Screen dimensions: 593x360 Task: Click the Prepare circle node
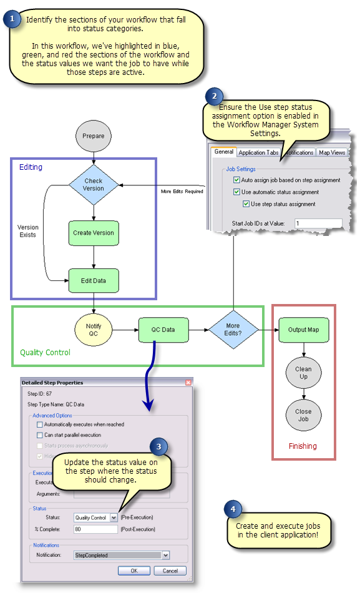[x=93, y=135]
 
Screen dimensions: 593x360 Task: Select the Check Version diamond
[x=93, y=185]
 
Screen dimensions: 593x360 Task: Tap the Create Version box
[x=94, y=233]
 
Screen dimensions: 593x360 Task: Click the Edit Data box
[x=94, y=280]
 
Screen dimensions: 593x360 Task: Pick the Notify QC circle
[x=93, y=329]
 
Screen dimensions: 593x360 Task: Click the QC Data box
[x=163, y=329]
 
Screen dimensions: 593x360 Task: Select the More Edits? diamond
[x=233, y=329]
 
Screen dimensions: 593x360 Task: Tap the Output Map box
[x=304, y=329]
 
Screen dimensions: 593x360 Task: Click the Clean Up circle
[x=303, y=373]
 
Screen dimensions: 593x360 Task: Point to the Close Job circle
[x=303, y=416]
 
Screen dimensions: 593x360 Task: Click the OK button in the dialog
[x=134, y=571]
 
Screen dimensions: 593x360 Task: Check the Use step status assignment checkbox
[x=247, y=204]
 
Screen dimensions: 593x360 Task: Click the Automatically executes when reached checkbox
[x=40, y=424]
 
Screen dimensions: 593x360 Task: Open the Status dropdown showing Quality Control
[x=114, y=517]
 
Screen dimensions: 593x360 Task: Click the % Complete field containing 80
[x=95, y=529]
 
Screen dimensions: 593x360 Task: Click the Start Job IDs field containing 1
[x=318, y=223]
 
